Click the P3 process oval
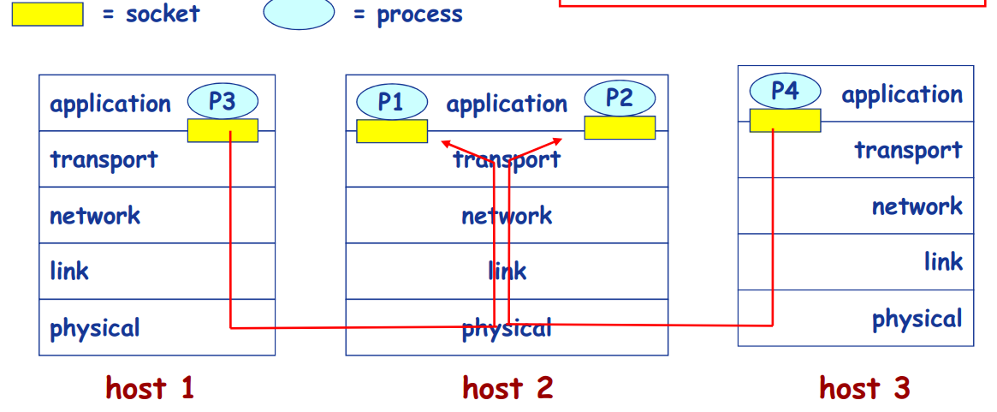222,102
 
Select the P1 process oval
391,102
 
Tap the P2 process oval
620,98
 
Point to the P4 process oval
785,90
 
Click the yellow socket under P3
223,130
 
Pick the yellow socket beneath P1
392,131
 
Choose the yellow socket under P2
620,128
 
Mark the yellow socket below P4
785,120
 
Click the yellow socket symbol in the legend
47,15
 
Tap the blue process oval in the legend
299,14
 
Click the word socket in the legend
163,15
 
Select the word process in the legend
419,15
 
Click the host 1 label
150,388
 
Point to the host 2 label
507,388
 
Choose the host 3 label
864,388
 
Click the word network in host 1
95,215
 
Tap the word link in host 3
943,261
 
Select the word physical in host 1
95,328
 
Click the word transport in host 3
908,151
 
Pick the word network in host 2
507,215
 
